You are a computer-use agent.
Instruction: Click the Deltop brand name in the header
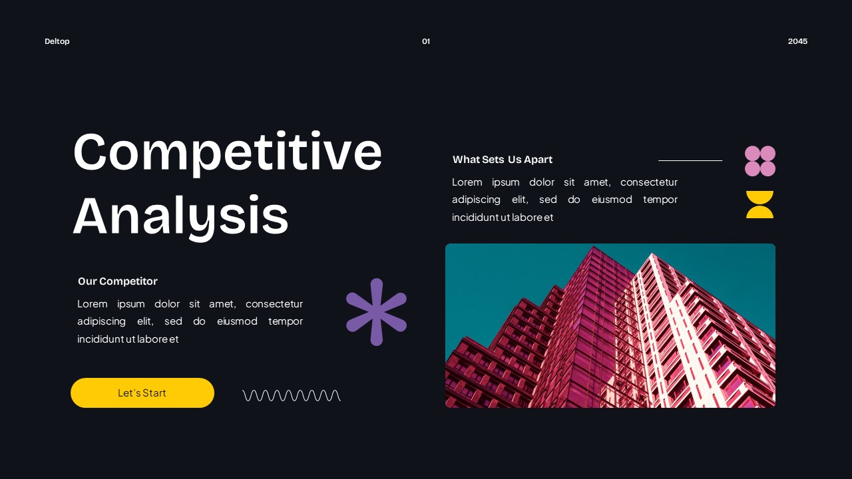(x=57, y=41)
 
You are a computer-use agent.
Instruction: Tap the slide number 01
(x=426, y=41)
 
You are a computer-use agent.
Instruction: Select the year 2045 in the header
(x=797, y=41)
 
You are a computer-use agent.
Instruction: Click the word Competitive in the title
(x=227, y=152)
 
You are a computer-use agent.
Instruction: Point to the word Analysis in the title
(x=180, y=216)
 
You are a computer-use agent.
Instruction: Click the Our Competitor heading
(x=118, y=281)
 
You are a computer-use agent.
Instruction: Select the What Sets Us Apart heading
(x=503, y=160)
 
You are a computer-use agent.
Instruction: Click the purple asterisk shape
(x=376, y=312)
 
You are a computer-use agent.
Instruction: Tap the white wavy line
(x=292, y=395)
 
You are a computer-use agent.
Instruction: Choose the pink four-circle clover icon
(x=759, y=161)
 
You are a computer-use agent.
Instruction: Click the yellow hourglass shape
(x=759, y=204)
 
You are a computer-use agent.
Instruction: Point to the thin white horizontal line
(x=690, y=160)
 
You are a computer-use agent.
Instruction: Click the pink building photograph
(x=610, y=326)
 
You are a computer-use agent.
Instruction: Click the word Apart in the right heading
(x=538, y=160)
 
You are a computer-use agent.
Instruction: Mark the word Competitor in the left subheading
(x=128, y=281)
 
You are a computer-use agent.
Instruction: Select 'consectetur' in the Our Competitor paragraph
(x=274, y=304)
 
